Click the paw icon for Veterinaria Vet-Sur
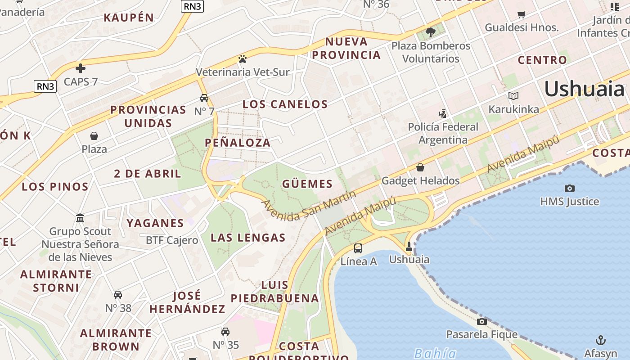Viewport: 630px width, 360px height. (x=243, y=59)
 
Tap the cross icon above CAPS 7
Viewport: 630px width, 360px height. (x=81, y=68)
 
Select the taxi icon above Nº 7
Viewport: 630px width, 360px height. (x=204, y=98)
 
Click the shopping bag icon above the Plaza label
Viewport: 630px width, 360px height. (x=94, y=136)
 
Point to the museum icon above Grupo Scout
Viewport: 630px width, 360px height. (x=80, y=218)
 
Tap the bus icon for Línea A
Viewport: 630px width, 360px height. (x=358, y=248)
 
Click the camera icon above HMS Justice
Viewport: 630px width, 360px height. (x=569, y=188)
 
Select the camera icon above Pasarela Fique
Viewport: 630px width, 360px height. (x=481, y=321)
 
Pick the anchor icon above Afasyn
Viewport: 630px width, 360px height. (x=600, y=340)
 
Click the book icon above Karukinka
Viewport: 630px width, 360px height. (x=513, y=96)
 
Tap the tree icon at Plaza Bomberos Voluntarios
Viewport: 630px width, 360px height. (x=430, y=32)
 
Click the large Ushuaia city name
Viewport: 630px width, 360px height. (x=585, y=89)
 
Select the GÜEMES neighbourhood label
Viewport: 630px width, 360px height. (x=307, y=184)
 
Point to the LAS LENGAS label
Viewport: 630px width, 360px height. (x=248, y=238)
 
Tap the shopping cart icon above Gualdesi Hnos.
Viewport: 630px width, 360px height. (x=521, y=14)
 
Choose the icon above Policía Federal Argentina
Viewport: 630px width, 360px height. (x=443, y=113)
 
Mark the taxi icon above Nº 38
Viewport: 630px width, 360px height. (x=118, y=295)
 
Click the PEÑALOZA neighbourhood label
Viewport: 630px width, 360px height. (x=238, y=143)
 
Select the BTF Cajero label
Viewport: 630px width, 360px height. (x=172, y=240)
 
